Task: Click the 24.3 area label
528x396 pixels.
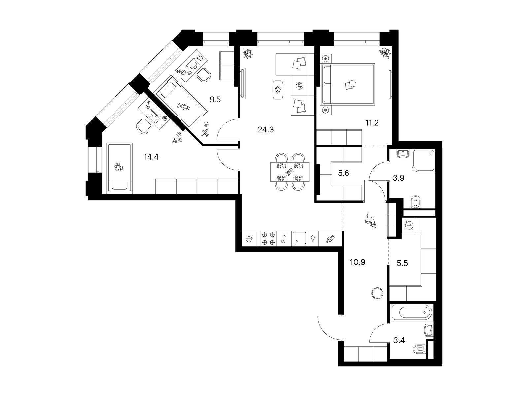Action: [266, 130]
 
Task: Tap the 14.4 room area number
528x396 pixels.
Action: [151, 157]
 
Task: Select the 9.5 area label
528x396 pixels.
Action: [215, 100]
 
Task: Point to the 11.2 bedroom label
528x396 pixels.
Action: [372, 123]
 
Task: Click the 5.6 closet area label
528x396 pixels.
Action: [343, 173]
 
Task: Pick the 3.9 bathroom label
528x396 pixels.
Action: [398, 178]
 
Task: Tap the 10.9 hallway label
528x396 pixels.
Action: [358, 262]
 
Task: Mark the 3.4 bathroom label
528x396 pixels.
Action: [399, 340]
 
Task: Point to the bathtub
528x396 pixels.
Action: [412, 313]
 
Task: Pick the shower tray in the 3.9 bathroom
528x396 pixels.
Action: [424, 160]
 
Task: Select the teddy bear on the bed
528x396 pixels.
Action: [183, 106]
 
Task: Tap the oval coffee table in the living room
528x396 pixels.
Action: [279, 89]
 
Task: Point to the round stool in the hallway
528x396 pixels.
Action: [377, 294]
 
